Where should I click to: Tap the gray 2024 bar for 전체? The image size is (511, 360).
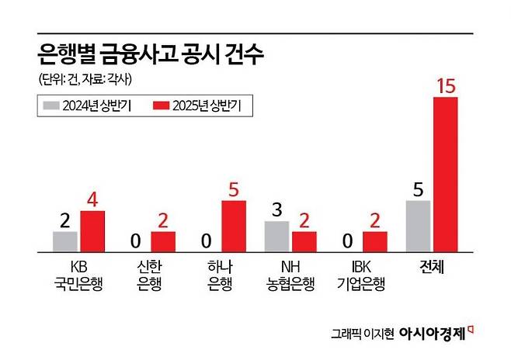click(x=418, y=226)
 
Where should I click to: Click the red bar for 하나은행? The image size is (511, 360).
click(x=234, y=226)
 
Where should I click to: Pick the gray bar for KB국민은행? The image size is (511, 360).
click(x=65, y=241)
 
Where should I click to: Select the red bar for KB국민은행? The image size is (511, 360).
click(x=92, y=231)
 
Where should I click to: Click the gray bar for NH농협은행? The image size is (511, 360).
click(x=276, y=236)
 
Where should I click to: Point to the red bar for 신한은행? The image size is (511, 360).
click(x=163, y=241)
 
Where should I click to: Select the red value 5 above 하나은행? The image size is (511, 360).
click(x=234, y=189)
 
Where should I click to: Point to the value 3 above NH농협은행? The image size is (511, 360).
click(x=276, y=209)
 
